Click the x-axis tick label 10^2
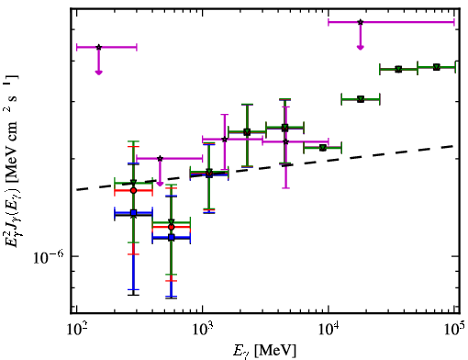[x=76, y=331]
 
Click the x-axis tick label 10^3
[x=202, y=331]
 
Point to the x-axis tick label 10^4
[x=329, y=331]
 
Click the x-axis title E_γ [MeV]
[x=264, y=351]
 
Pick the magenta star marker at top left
[x=98, y=47]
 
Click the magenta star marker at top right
[x=361, y=22]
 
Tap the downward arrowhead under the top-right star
[x=361, y=47]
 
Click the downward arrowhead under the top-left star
[x=98, y=73]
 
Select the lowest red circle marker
[x=172, y=227]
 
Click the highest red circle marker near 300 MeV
[x=133, y=190]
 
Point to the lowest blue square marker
[x=172, y=237]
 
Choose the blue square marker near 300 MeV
[x=133, y=212]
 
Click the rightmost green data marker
[x=437, y=67]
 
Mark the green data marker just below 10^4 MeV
[x=322, y=148]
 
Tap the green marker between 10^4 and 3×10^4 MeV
[x=361, y=99]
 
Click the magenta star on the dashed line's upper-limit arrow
[x=160, y=158]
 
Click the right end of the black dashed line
[x=454, y=146]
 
